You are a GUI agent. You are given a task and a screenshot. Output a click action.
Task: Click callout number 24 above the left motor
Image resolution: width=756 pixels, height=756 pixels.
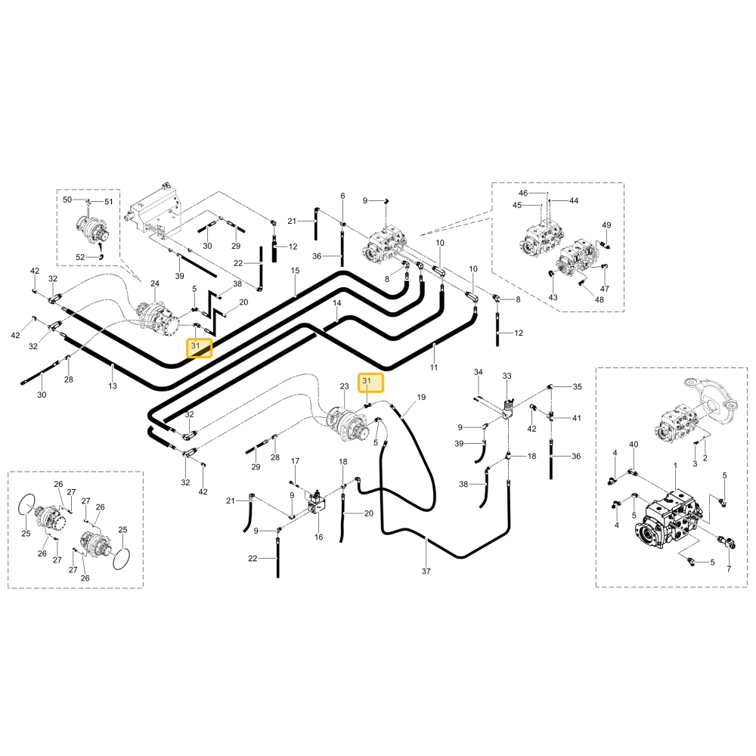click(155, 283)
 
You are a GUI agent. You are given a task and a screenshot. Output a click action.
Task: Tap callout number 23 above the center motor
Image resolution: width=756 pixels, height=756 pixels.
click(344, 386)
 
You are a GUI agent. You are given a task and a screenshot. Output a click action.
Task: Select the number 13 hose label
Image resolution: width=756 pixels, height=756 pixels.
click(113, 386)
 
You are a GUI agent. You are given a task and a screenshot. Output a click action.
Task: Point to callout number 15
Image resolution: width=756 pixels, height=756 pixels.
click(295, 271)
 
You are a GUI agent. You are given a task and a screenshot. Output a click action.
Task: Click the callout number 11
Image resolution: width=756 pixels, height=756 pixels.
click(434, 367)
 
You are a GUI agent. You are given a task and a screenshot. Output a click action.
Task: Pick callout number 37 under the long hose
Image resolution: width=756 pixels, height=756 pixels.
click(426, 571)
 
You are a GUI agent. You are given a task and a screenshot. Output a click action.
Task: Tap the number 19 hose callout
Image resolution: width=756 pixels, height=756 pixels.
click(421, 398)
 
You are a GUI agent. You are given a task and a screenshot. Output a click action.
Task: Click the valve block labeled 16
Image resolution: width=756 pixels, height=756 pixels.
click(316, 503)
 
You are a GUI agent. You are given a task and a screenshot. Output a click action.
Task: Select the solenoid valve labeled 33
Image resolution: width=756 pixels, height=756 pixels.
click(507, 408)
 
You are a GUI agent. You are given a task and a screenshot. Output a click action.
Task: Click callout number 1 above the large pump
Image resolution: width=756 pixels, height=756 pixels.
click(675, 465)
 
